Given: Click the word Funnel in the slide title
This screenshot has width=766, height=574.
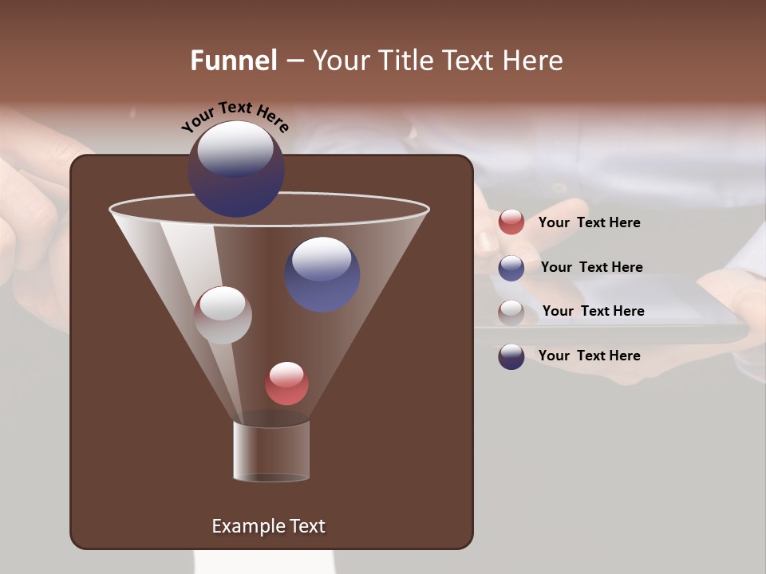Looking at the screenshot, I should pyautogui.click(x=233, y=61).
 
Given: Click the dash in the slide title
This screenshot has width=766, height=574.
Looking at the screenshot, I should pyautogui.click(x=294, y=61).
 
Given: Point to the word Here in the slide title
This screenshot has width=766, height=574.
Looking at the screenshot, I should pyautogui.click(x=534, y=61).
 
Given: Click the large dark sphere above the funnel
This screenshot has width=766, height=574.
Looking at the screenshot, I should pyautogui.click(x=236, y=168).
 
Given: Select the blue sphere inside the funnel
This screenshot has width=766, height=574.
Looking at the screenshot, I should pyautogui.click(x=322, y=274).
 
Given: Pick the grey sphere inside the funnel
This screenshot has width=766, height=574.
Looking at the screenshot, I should pyautogui.click(x=223, y=315).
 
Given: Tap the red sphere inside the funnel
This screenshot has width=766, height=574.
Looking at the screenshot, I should pyautogui.click(x=286, y=383).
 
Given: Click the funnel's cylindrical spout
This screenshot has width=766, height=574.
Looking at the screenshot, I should pyautogui.click(x=271, y=451).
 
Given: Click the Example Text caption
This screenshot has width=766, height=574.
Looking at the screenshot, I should pyautogui.click(x=268, y=526).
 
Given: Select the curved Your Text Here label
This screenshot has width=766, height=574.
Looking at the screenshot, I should pyautogui.click(x=235, y=116).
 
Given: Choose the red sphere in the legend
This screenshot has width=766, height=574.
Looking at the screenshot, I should pyautogui.click(x=511, y=222).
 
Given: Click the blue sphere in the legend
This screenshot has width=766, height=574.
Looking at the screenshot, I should pyautogui.click(x=511, y=267).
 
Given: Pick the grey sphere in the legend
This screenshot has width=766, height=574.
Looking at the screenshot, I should pyautogui.click(x=511, y=312).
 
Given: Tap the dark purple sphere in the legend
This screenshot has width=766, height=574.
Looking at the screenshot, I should pyautogui.click(x=511, y=356).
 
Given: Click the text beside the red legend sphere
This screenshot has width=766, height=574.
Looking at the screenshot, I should pyautogui.click(x=589, y=222).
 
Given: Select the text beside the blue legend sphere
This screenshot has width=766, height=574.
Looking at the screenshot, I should pyautogui.click(x=591, y=267).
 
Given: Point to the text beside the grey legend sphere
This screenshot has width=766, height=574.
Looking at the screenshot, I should pyautogui.click(x=593, y=311).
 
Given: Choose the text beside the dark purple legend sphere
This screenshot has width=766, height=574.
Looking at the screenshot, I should pyautogui.click(x=589, y=356).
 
